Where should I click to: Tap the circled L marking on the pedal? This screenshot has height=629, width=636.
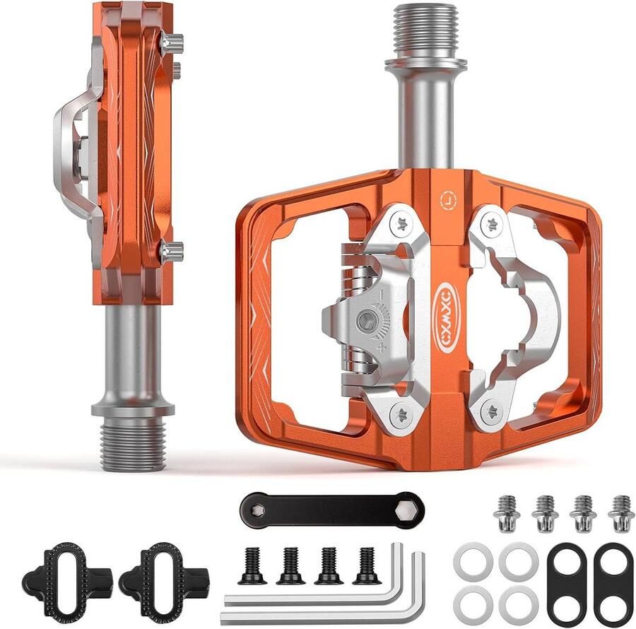pyautogui.click(x=448, y=200)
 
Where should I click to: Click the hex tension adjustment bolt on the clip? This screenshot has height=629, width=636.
pyautogui.click(x=367, y=322)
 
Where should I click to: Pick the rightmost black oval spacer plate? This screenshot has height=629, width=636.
pyautogui.click(x=613, y=583)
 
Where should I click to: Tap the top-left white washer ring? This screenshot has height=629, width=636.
pyautogui.click(x=473, y=560)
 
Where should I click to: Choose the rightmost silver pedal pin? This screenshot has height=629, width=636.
pyautogui.click(x=621, y=513)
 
